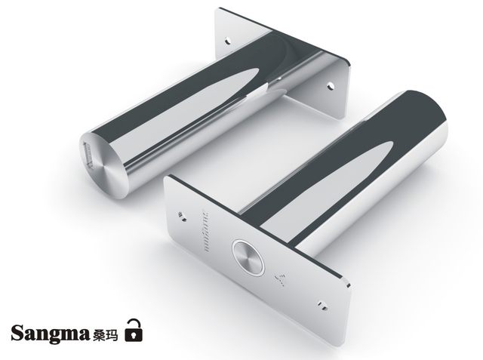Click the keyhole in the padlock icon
134,334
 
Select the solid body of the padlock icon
134,334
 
